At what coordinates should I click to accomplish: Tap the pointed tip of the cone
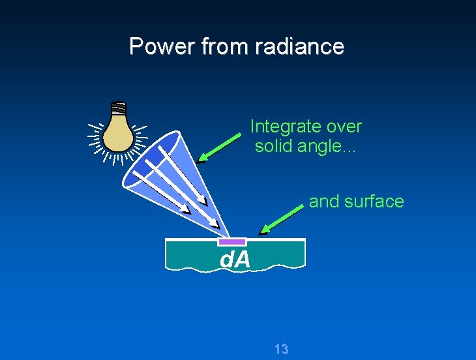[229, 237]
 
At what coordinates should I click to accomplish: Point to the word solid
[274, 146]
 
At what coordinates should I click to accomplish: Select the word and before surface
[323, 202]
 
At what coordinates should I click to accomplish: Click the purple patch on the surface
[231, 242]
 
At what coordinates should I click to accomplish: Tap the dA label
[235, 260]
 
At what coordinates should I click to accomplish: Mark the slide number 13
[281, 350]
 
